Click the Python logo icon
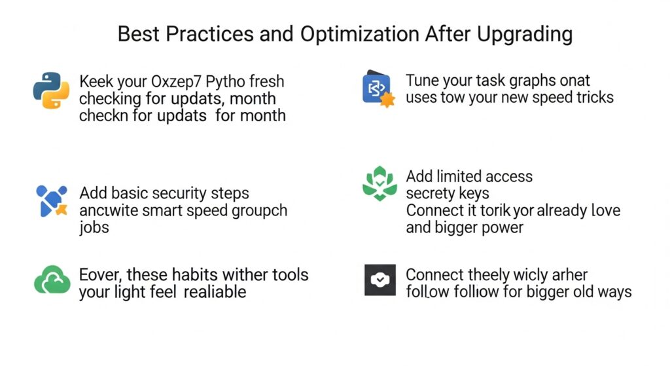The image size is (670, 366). tap(51, 90)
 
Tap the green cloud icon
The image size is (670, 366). tap(52, 282)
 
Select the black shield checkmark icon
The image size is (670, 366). tap(379, 280)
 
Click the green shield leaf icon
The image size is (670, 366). tap(379, 185)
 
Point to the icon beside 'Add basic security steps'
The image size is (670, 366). tap(52, 201)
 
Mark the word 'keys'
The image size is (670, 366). tap(472, 194)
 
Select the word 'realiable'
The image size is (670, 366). tap(215, 291)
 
